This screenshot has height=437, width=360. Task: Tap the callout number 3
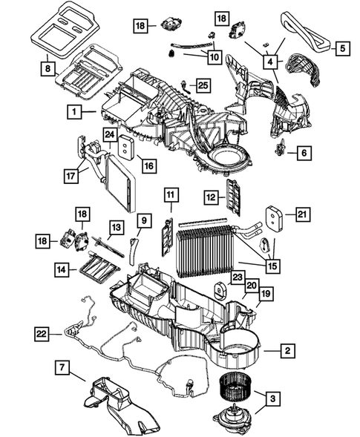274,401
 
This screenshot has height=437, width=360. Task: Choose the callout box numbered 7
64,367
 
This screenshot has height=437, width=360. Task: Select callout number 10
214,56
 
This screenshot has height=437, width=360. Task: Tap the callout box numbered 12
212,197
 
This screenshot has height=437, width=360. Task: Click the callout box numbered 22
44,335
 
